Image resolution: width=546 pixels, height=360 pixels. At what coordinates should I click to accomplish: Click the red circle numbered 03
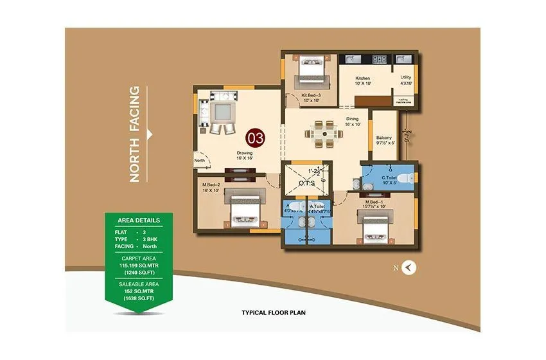pyautogui.click(x=256, y=138)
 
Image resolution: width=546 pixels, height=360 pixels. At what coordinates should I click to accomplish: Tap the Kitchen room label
pyautogui.click(x=363, y=78)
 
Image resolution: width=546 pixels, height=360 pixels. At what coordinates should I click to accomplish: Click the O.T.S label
pyautogui.click(x=306, y=183)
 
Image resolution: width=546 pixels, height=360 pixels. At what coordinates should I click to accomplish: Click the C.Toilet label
pyautogui.click(x=390, y=177)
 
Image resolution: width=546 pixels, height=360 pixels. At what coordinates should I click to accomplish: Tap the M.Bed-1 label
pyautogui.click(x=373, y=202)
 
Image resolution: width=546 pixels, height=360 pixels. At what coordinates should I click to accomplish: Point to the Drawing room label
pyautogui.click(x=243, y=152)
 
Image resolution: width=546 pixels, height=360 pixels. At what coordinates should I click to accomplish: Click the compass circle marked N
pyautogui.click(x=408, y=269)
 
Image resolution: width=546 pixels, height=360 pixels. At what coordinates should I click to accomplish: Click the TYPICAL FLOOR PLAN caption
pyautogui.click(x=273, y=313)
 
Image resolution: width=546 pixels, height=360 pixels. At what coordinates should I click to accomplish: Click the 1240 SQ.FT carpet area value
pyautogui.click(x=139, y=273)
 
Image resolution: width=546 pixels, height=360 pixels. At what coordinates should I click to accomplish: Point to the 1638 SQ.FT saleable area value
pyautogui.click(x=139, y=298)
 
